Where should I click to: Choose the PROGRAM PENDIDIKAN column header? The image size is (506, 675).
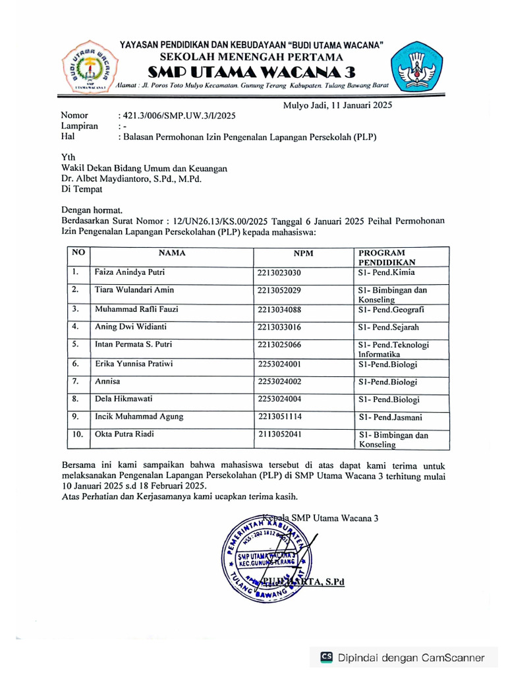[381, 257]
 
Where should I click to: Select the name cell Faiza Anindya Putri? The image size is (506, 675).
[130, 272]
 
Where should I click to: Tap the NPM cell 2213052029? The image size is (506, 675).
[280, 291]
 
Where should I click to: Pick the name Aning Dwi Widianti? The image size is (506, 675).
[130, 327]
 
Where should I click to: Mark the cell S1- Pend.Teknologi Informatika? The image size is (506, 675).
[393, 349]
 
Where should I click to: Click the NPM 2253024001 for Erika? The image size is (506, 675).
[280, 363]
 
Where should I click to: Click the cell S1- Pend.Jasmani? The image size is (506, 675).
[390, 417]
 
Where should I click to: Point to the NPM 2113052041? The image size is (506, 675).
[280, 435]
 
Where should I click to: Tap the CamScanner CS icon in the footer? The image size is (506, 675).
[326, 657]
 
